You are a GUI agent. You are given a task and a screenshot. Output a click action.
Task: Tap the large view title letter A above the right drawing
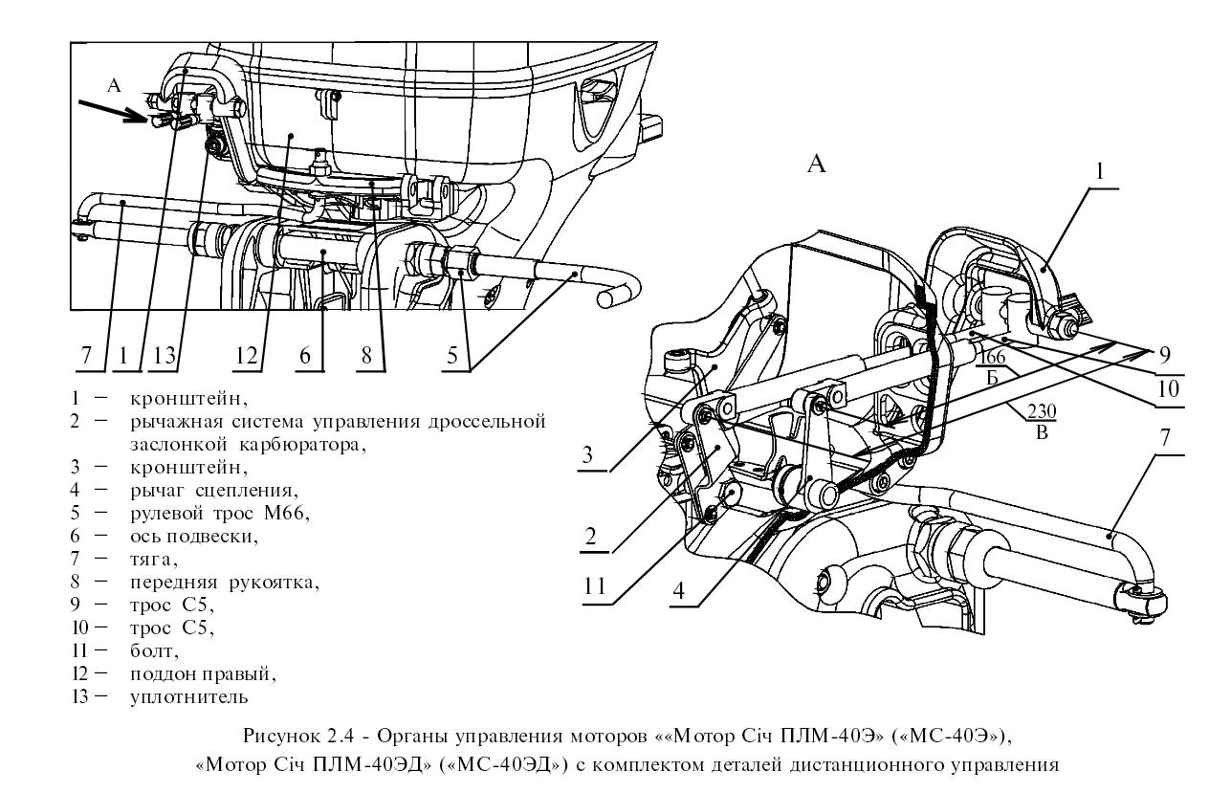[817, 165]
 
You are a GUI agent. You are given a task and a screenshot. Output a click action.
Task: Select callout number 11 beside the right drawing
[595, 584]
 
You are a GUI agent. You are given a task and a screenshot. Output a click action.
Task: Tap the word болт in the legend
[152, 651]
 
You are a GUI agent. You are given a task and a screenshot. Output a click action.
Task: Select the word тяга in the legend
[152, 559]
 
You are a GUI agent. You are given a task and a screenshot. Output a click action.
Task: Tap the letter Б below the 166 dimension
[993, 377]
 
